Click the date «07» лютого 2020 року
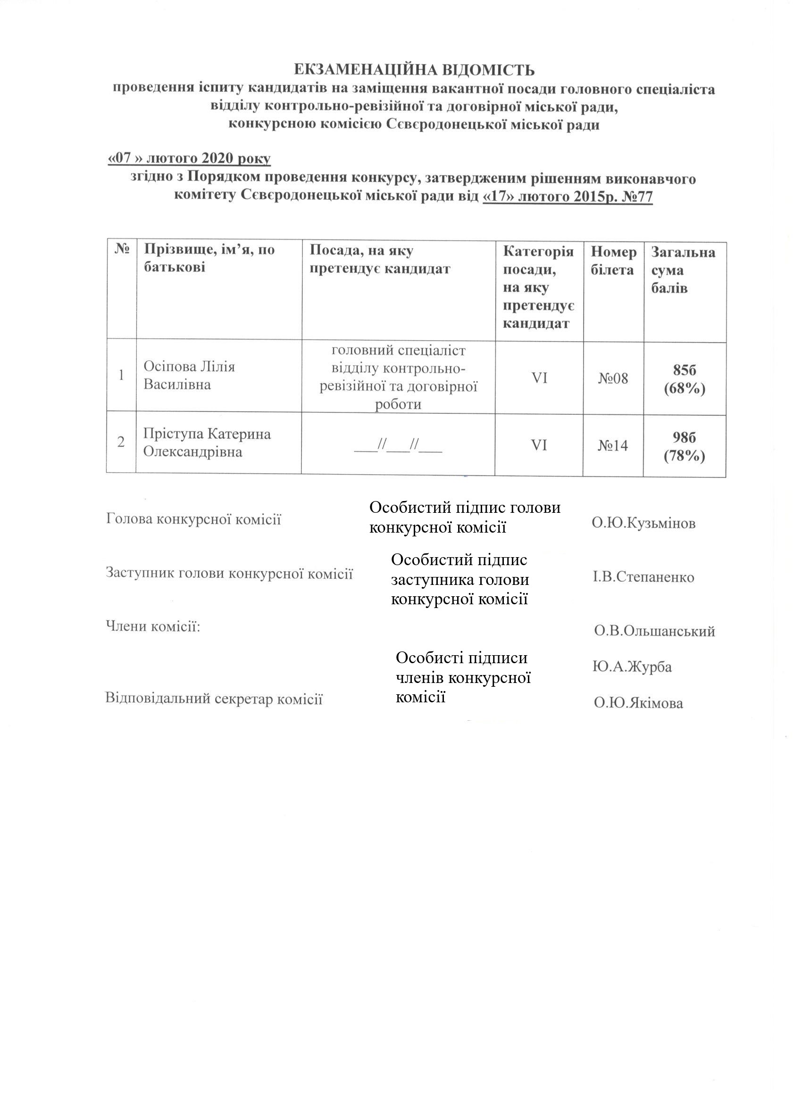click(x=189, y=159)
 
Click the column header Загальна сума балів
click(x=683, y=270)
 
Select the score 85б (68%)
click(x=685, y=379)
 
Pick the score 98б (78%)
click(x=685, y=446)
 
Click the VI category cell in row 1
click(x=539, y=378)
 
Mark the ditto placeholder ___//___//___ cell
click(x=398, y=444)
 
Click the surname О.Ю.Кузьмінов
click(x=643, y=523)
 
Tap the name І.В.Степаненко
click(x=643, y=577)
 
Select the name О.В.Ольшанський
click(x=655, y=631)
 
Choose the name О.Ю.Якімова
click(x=638, y=703)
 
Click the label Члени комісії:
click(x=153, y=626)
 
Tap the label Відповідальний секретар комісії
click(x=214, y=699)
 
